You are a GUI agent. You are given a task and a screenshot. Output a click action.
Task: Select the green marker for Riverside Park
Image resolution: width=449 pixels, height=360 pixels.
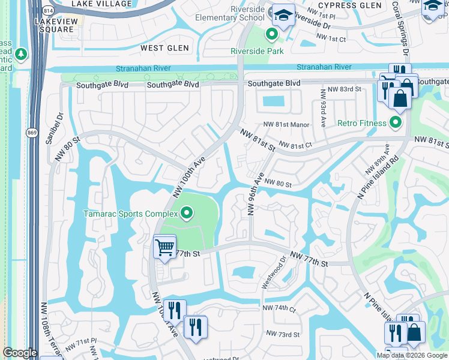click(x=272, y=35)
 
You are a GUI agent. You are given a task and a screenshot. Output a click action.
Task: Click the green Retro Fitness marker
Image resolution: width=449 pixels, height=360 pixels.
click(x=395, y=124)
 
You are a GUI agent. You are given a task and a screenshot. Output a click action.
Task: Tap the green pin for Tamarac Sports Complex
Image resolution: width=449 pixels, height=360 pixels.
click(x=187, y=213)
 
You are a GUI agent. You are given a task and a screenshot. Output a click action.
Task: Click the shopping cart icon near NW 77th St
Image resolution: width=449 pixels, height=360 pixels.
click(x=164, y=246)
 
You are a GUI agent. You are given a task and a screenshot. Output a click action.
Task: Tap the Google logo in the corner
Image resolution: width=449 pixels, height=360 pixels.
click(x=19, y=353)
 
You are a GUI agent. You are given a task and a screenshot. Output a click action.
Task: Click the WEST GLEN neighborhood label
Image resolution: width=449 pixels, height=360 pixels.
click(x=164, y=47)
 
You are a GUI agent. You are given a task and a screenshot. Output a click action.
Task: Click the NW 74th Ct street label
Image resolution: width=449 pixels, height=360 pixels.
click(x=279, y=308)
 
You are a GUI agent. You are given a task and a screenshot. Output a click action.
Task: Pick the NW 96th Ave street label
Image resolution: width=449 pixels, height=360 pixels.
click(x=255, y=195)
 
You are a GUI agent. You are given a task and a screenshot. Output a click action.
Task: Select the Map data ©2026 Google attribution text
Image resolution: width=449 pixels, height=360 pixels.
click(x=411, y=355)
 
